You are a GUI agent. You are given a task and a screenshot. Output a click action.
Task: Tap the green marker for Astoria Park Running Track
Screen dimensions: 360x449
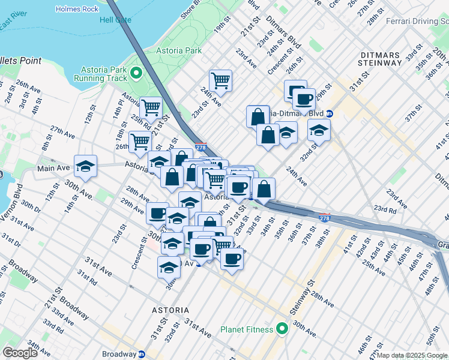click(x=136, y=73)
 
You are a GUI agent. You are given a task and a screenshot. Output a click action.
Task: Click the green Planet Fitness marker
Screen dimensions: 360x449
click(x=281, y=329)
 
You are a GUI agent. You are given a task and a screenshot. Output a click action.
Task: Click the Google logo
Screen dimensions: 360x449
click(x=20, y=353)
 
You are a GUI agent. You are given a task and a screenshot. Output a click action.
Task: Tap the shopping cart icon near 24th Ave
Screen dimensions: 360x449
click(x=221, y=80)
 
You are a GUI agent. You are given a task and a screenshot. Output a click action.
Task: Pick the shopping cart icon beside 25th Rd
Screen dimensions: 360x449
click(x=151, y=108)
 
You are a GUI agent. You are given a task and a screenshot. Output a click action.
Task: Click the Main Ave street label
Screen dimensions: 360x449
click(x=53, y=169)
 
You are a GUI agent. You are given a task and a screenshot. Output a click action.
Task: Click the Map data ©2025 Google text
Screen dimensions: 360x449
click(x=412, y=355)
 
